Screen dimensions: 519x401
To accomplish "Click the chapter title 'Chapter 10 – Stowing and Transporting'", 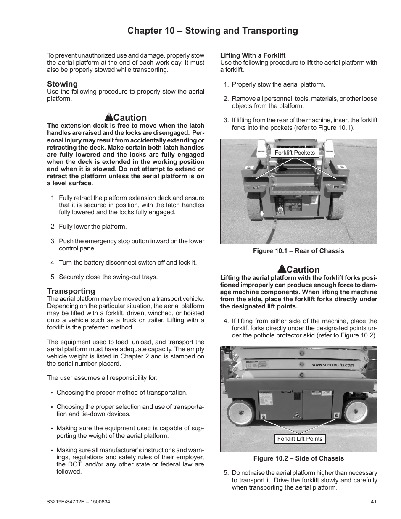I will tap(213, 31).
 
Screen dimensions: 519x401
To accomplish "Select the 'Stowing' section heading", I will tap(62, 84).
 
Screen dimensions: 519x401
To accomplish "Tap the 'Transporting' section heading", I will tap(71, 291).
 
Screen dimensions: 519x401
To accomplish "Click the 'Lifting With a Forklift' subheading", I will tap(253, 55).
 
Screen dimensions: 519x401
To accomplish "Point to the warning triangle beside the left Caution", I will tap(108, 118).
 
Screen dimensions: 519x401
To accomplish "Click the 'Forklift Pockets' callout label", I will tap(294, 153).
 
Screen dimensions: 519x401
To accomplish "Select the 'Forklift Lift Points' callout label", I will tap(300, 439).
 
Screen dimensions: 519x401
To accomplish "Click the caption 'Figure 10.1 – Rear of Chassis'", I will tap(298, 251).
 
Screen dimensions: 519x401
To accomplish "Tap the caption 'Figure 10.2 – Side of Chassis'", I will tap(298, 458).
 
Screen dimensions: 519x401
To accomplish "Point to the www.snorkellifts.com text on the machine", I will tap(332, 365).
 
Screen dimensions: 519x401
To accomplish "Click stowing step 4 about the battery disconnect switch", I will tap(127, 263).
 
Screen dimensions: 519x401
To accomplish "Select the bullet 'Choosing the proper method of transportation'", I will tap(122, 393).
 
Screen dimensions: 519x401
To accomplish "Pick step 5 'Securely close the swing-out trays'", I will tap(108, 277).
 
